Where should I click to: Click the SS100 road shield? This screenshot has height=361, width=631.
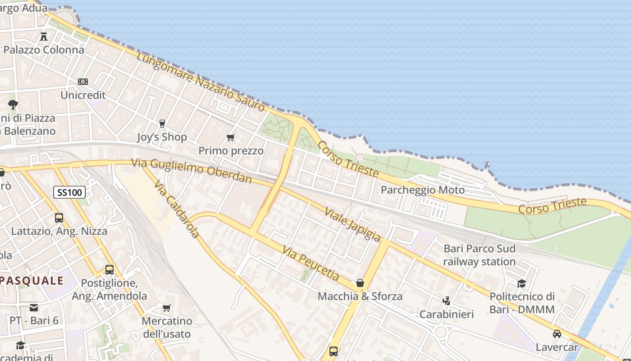pos(69,192)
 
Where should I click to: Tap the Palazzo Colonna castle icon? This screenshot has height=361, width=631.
pos(44,36)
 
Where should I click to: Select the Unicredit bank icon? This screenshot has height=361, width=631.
pos(83,82)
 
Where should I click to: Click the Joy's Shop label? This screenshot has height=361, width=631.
pos(162,137)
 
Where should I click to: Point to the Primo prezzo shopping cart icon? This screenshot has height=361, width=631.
pos(231,137)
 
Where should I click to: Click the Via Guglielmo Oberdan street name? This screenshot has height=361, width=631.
pos(192,171)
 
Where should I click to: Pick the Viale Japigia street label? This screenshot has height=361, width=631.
pos(352,224)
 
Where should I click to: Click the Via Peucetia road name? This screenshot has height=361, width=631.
pos(311,263)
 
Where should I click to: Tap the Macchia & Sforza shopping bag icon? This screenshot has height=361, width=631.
pos(360,283)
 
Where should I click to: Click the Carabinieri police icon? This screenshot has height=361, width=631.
pos(447,301)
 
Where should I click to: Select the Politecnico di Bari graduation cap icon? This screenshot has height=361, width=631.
pos(521,283)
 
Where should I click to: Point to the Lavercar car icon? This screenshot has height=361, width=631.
pos(557,334)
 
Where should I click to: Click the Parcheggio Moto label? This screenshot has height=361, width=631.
pos(422,190)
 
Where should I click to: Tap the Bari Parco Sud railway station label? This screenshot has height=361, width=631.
pos(480,255)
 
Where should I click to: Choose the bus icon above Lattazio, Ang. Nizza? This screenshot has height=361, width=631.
pos(59,218)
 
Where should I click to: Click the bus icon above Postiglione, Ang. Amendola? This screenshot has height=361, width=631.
pos(110,270)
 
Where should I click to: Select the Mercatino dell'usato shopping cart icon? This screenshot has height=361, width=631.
pos(167,308)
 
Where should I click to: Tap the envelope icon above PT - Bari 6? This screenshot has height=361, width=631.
pos(34,308)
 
